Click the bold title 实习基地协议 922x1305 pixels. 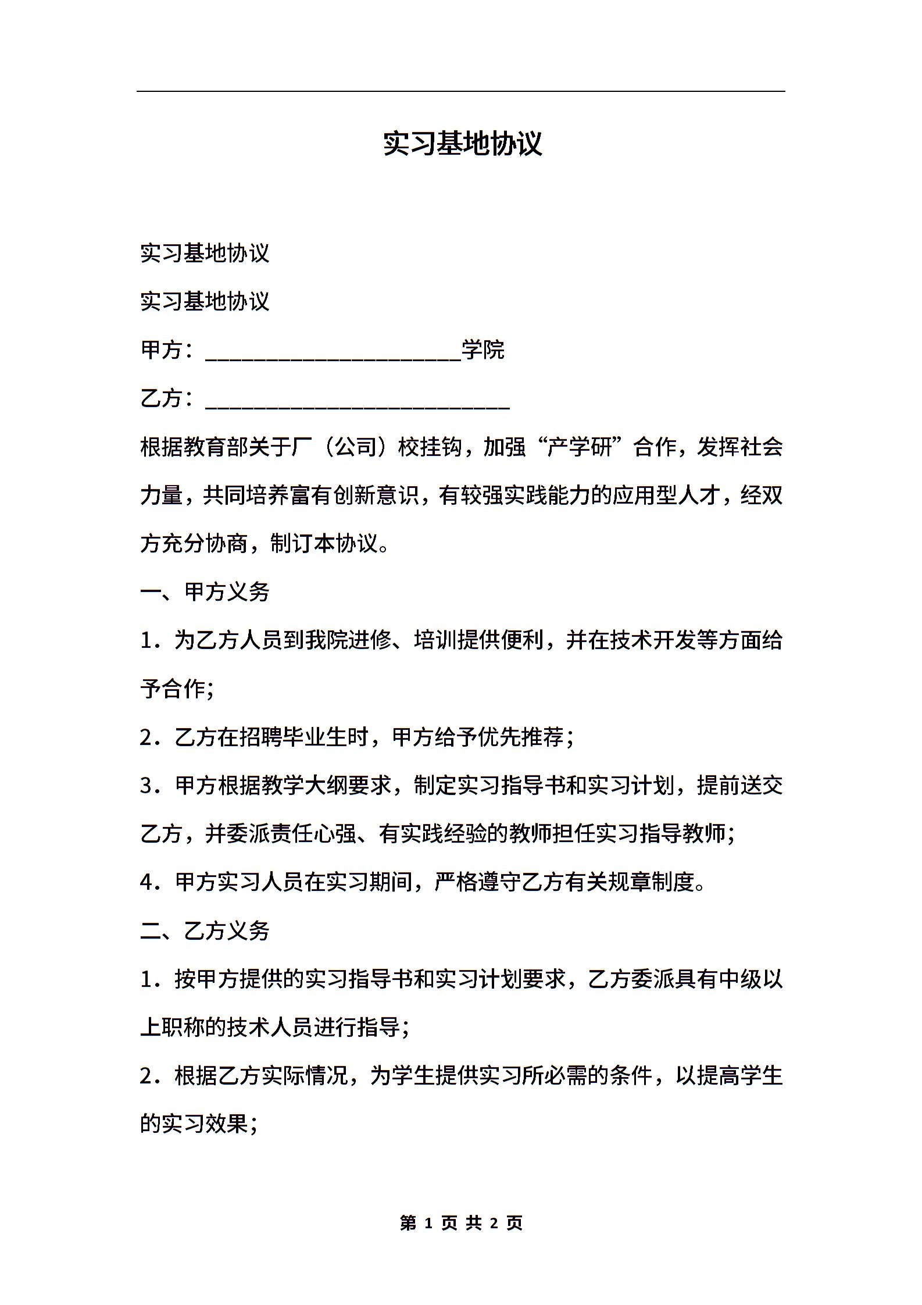(462, 144)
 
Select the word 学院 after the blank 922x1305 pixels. (483, 350)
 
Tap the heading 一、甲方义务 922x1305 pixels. (205, 592)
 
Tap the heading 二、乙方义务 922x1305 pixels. (205, 930)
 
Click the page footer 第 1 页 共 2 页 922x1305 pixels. (462, 1222)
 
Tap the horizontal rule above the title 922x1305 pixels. (460, 91)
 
